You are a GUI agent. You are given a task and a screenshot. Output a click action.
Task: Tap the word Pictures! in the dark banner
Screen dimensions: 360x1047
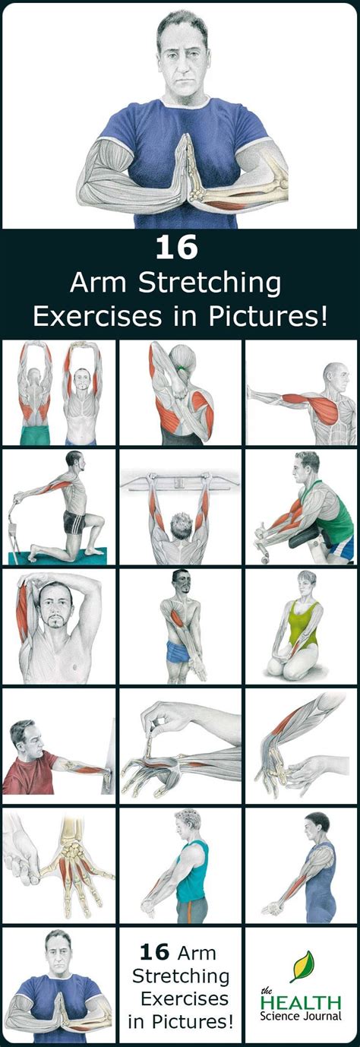(267, 316)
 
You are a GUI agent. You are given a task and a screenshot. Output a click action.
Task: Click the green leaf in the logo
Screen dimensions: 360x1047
(302, 966)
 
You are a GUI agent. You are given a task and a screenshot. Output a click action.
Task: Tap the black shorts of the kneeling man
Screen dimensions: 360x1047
(74, 521)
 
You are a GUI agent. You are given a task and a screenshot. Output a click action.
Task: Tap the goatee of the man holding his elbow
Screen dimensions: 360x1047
(57, 622)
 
